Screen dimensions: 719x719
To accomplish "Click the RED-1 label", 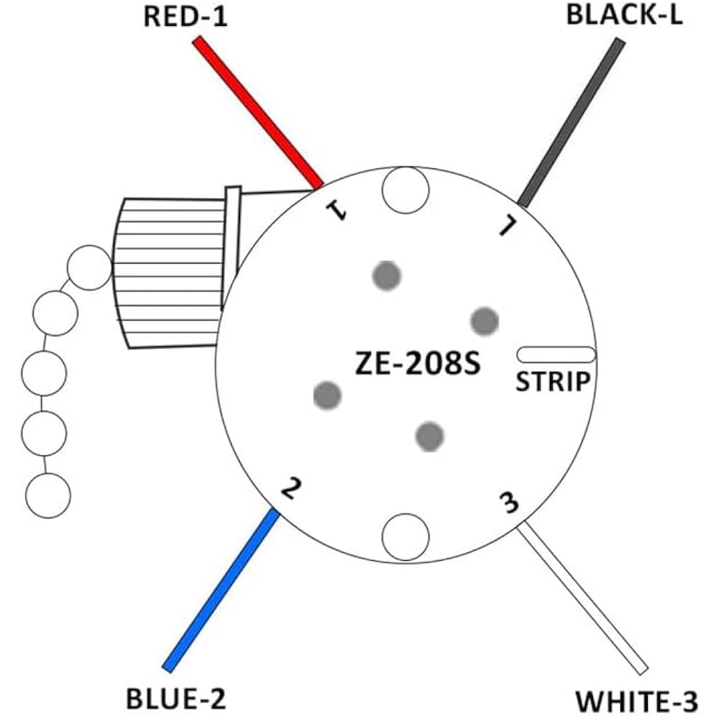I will (x=186, y=17).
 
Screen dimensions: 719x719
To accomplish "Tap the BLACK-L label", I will (x=624, y=15).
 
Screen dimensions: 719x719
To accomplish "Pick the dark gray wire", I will (x=572, y=122).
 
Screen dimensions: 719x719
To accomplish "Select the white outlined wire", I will (x=582, y=597).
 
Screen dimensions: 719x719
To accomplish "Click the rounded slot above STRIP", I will (x=556, y=354).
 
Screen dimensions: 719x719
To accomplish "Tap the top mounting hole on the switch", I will (x=405, y=190).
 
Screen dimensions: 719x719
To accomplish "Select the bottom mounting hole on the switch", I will (x=405, y=536).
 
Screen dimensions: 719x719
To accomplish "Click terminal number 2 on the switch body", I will (x=289, y=489).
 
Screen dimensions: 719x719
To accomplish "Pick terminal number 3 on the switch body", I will (x=509, y=503).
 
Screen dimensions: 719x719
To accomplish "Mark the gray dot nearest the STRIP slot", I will (x=484, y=320).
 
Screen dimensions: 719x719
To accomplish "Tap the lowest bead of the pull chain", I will (x=47, y=496).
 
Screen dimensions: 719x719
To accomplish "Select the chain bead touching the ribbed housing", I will (x=89, y=267).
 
